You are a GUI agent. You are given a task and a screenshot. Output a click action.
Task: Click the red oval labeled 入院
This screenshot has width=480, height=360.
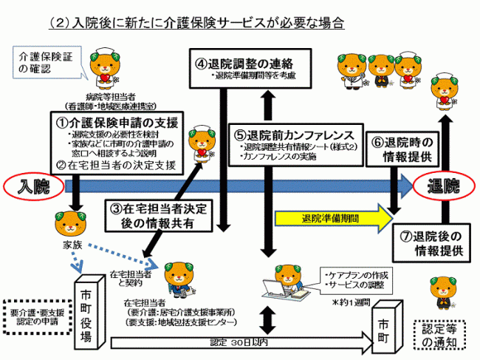click(33, 185)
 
